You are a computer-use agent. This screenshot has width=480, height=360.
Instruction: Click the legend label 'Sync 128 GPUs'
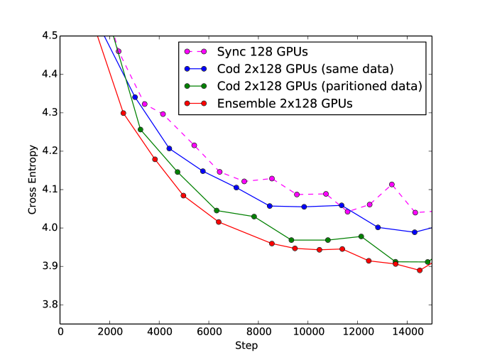[x=262, y=52]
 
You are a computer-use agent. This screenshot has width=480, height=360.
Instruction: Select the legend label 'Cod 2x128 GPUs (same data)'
[x=305, y=69]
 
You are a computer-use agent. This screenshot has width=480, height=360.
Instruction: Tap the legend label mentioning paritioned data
[x=319, y=86]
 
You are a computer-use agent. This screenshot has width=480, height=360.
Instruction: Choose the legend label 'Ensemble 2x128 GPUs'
[x=285, y=104]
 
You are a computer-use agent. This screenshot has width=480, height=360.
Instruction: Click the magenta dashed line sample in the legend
[x=195, y=52]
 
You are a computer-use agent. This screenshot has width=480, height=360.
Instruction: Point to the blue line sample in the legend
[x=195, y=69]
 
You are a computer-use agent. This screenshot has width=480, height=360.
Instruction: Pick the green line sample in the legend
[x=195, y=86]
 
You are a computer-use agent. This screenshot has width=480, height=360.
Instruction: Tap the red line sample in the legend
[x=195, y=104]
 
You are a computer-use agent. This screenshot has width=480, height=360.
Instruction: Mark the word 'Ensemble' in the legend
[x=243, y=104]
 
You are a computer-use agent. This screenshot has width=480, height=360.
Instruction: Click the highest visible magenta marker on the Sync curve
[x=119, y=51]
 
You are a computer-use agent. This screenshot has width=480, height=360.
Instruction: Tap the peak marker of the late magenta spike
[x=392, y=185]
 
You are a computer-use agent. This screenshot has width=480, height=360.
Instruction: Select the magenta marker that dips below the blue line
[x=347, y=212]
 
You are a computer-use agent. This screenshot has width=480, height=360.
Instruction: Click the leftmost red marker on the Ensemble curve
[x=123, y=112]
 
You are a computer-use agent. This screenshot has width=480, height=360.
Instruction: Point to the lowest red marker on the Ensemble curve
[x=420, y=270]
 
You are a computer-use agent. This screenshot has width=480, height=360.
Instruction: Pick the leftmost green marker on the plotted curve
[x=140, y=129]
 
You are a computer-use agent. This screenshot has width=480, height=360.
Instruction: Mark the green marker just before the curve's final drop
[x=361, y=236]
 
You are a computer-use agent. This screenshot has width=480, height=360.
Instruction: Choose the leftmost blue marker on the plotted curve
[x=135, y=97]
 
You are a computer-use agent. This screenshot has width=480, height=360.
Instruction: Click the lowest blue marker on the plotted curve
[x=415, y=232]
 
